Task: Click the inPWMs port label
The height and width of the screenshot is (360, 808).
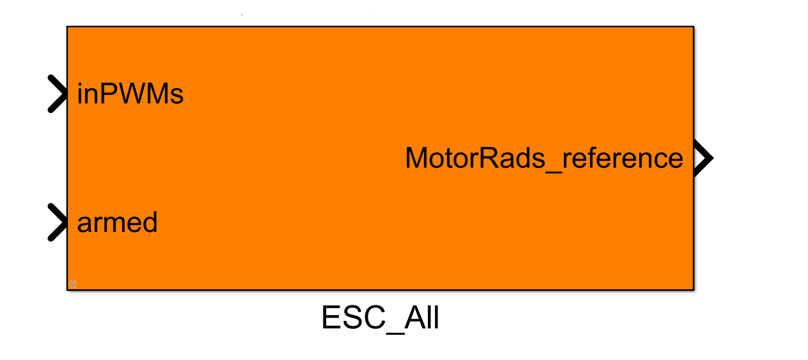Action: pos(130,94)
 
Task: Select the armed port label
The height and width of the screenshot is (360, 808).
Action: pos(117,222)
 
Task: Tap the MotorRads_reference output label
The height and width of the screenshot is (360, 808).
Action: pos(544,158)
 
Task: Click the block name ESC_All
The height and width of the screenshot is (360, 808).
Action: pos(380,318)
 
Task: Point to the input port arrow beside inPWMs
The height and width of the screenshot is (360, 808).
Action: pos(58,94)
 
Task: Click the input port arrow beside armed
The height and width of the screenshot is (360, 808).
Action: pos(58,222)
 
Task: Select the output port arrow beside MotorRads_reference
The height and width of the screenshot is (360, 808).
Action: pos(704,158)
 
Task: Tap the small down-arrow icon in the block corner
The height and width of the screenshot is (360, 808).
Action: pos(73,284)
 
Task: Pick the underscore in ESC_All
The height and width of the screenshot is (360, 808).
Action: pos(395,333)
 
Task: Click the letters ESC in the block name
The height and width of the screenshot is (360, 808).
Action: pos(353,318)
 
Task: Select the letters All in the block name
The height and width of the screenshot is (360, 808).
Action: pos(422,318)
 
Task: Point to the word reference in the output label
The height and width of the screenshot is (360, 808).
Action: pos(623,158)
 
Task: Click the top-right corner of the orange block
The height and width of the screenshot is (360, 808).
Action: pos(693,26)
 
